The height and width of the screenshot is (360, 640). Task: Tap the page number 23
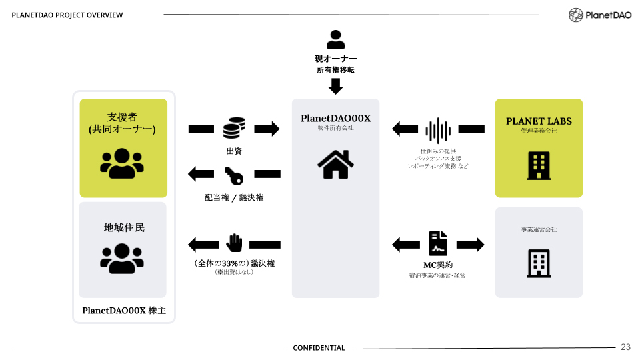pyautogui.click(x=625, y=347)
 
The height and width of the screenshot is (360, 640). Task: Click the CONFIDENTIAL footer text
pyautogui.click(x=319, y=348)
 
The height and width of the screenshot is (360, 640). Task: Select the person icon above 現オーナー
pyautogui.click(x=336, y=39)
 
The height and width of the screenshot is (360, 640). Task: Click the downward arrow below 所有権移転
pyautogui.click(x=336, y=86)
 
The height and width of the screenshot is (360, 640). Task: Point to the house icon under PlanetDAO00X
pyautogui.click(x=336, y=164)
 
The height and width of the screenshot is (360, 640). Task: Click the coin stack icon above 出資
pyautogui.click(x=234, y=129)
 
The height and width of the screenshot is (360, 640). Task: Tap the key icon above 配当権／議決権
pyautogui.click(x=234, y=175)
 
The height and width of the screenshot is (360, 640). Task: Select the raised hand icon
pyautogui.click(x=234, y=244)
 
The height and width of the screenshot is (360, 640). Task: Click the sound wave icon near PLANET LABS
pyautogui.click(x=438, y=130)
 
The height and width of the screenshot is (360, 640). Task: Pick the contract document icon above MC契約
pyautogui.click(x=438, y=245)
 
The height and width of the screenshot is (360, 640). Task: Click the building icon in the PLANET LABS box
pyautogui.click(x=539, y=165)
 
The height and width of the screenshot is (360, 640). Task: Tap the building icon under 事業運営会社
pyautogui.click(x=539, y=264)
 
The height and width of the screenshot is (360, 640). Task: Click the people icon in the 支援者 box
pyautogui.click(x=122, y=163)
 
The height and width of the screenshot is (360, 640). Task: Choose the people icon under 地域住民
pyautogui.click(x=122, y=259)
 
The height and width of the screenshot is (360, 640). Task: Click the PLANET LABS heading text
pyautogui.click(x=539, y=121)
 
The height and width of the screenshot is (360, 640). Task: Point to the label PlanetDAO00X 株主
pyautogui.click(x=123, y=311)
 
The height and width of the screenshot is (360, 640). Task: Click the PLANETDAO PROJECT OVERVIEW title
pyautogui.click(x=67, y=15)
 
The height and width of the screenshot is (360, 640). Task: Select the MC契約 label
pyautogui.click(x=438, y=265)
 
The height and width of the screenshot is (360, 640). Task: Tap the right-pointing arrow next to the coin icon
pyautogui.click(x=267, y=129)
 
